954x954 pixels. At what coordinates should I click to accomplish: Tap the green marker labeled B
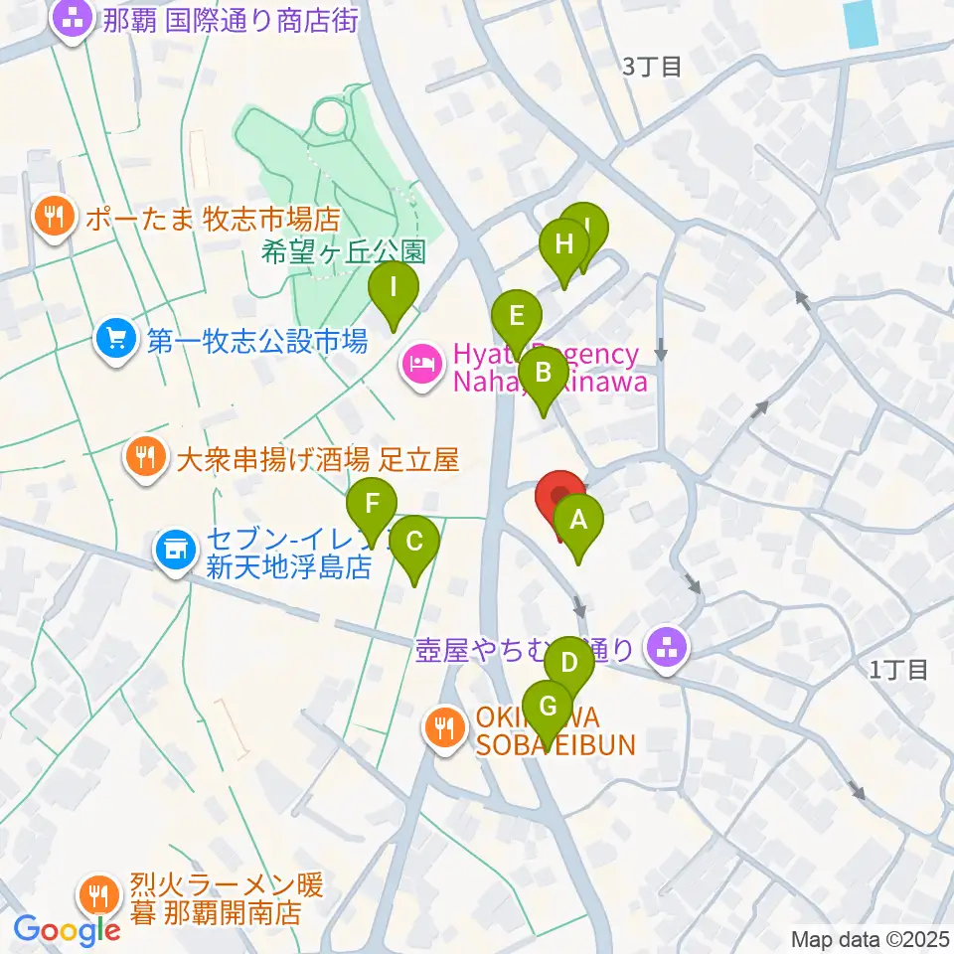pyautogui.click(x=543, y=375)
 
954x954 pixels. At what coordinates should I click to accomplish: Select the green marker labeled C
pyautogui.click(x=414, y=543)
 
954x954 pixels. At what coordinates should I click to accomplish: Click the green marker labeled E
pyautogui.click(x=516, y=318)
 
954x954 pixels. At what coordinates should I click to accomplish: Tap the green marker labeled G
pyautogui.click(x=548, y=708)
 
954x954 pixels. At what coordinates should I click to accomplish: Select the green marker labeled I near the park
pyautogui.click(x=394, y=289)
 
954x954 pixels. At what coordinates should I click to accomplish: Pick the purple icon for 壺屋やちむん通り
pyautogui.click(x=664, y=650)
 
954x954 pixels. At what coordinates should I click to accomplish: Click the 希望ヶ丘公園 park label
pyautogui.click(x=344, y=251)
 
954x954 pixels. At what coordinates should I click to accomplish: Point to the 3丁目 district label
pyautogui.click(x=651, y=68)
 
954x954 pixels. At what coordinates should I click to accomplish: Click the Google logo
pyautogui.click(x=67, y=929)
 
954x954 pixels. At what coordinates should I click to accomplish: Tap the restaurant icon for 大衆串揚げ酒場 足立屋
pyautogui.click(x=146, y=459)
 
